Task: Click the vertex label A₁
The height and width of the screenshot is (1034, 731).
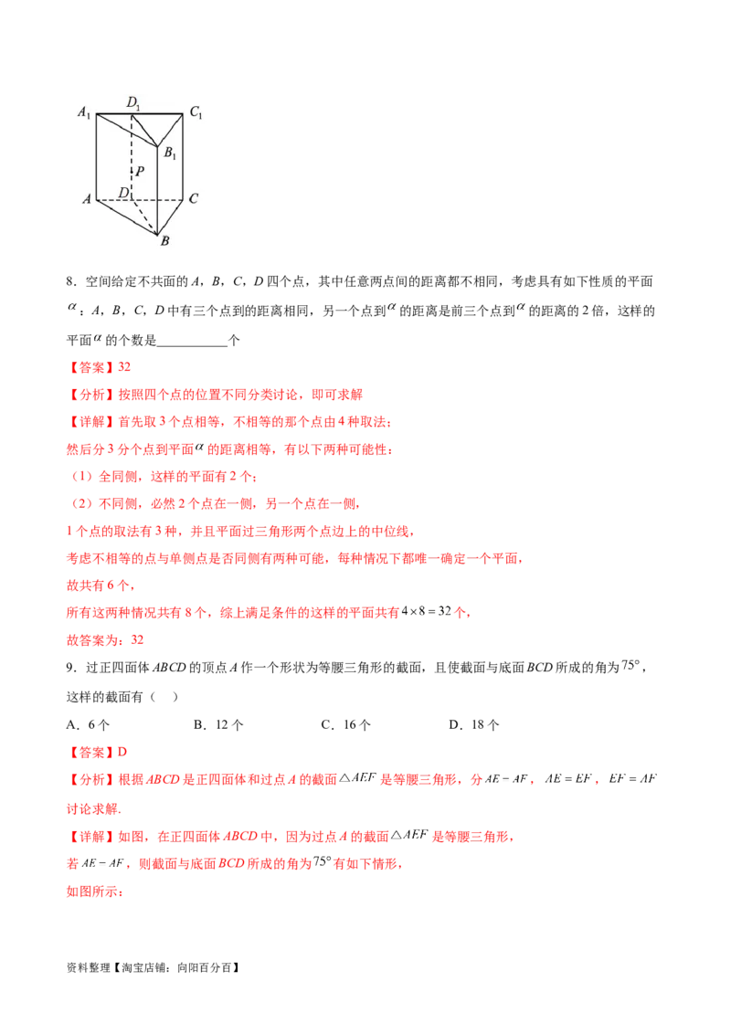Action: pyautogui.click(x=83, y=113)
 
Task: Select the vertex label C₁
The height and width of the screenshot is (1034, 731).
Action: pyautogui.click(x=196, y=113)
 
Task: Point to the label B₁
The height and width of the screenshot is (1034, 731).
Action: pyautogui.click(x=170, y=154)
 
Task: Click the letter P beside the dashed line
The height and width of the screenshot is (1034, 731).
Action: pyautogui.click(x=140, y=171)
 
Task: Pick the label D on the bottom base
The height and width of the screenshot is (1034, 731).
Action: pyautogui.click(x=122, y=193)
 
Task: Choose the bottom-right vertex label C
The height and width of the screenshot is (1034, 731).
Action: pyautogui.click(x=194, y=197)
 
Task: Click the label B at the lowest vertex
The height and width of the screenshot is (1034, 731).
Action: pyautogui.click(x=164, y=242)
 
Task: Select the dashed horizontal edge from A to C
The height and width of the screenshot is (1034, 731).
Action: pyautogui.click(x=155, y=198)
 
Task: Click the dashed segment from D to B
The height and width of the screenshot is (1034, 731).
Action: pyautogui.click(x=145, y=216)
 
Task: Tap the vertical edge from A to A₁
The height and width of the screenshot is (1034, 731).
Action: pyautogui.click(x=96, y=155)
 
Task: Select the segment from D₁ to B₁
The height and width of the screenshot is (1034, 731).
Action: pyautogui.click(x=145, y=130)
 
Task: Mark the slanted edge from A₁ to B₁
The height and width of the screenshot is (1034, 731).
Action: pyautogui.click(x=127, y=131)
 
